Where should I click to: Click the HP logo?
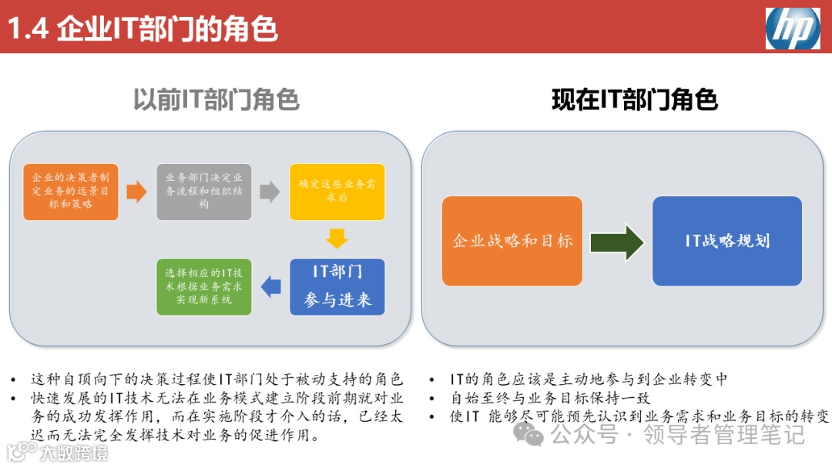[x=792, y=28]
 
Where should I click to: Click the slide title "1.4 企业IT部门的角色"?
[x=143, y=28]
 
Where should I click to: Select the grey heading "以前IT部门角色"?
[x=216, y=100]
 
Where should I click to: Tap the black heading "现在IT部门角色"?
[x=635, y=100]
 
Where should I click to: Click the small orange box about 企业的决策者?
[x=71, y=192]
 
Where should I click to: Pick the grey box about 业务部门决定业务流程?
[x=204, y=192]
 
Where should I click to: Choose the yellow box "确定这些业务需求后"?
[x=337, y=192]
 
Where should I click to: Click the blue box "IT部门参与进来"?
[x=337, y=286]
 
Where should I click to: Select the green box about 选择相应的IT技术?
[x=204, y=286]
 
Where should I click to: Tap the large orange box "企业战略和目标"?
[x=512, y=241]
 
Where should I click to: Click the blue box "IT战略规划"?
[x=727, y=241]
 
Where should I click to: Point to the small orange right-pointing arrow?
[x=136, y=192]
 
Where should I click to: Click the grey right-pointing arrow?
[x=270, y=192]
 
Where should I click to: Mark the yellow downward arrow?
[x=337, y=239]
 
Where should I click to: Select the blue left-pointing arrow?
[x=271, y=286]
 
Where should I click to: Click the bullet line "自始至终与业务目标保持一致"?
[x=550, y=398]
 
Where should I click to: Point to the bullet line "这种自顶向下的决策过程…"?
[x=216, y=379]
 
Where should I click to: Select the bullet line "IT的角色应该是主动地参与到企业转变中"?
[x=589, y=379]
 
